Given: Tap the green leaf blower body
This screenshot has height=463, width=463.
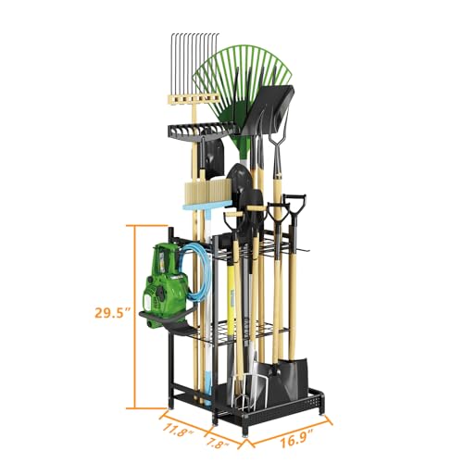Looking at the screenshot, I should pos(167,278).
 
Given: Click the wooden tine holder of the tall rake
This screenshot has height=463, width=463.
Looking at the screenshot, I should pos(195,95).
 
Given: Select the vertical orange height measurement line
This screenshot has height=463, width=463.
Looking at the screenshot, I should pos(135,315).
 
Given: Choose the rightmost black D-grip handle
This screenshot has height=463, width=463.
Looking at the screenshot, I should pos(294,206).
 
